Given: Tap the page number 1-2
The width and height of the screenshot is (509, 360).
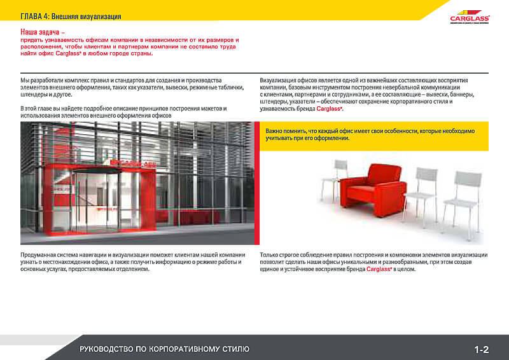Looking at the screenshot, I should (481, 349).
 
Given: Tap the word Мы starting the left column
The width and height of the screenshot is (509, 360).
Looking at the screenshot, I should (25, 80).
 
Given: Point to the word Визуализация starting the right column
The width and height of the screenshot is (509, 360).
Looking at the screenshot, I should (279, 80).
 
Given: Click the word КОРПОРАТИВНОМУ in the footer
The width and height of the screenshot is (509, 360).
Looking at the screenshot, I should (175, 349).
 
